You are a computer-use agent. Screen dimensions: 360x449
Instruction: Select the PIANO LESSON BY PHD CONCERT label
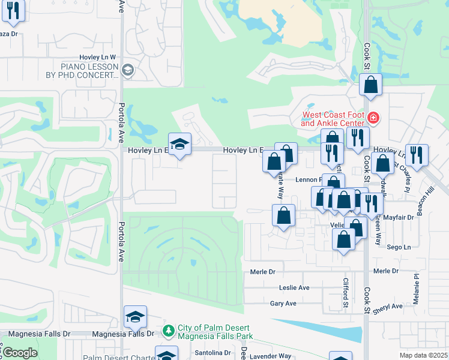click(90, 71)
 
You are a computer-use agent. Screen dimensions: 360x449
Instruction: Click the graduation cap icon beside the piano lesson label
click(127, 71)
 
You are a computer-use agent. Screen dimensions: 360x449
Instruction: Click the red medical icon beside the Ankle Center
click(373, 118)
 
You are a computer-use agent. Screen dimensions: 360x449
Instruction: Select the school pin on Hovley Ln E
click(179, 144)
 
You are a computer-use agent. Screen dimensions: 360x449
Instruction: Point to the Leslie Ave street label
click(294, 288)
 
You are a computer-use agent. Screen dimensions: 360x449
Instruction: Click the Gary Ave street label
click(283, 304)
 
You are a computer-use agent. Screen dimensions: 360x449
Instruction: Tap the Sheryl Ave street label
click(387, 307)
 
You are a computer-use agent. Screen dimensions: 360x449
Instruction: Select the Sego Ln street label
click(399, 247)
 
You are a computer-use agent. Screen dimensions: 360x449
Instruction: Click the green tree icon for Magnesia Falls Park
click(169, 330)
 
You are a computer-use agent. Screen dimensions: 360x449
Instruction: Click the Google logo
click(19, 352)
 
